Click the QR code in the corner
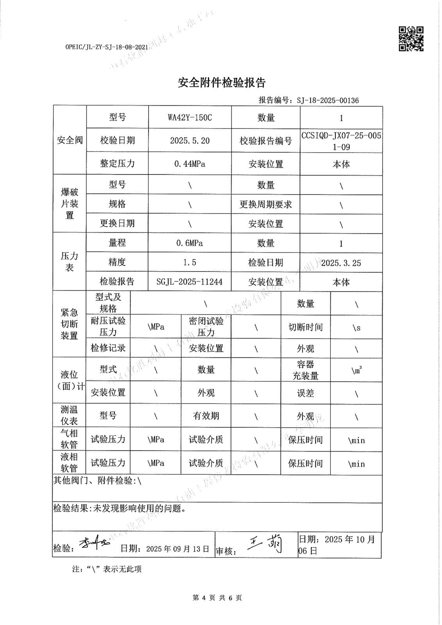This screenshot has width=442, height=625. point(411,39)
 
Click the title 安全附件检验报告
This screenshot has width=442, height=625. point(222,83)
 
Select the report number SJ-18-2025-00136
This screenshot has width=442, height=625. point(327,100)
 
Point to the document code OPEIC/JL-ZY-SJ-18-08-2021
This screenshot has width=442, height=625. point(107,47)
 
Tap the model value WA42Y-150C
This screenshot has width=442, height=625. point(190,118)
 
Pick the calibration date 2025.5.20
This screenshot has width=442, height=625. point(190,141)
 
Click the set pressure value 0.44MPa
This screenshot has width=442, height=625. point(190,164)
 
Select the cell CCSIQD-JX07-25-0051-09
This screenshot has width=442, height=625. point(341,141)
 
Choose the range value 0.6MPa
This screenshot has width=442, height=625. point(190,243)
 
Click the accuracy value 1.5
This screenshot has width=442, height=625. point(190,262)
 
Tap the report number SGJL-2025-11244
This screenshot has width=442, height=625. point(190,282)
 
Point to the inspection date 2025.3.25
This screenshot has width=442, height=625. point(341,263)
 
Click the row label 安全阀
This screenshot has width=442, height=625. point(70,140)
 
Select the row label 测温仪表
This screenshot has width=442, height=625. point(69,415)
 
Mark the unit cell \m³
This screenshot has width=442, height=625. point(356,370)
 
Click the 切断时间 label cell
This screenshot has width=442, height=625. point(305,327)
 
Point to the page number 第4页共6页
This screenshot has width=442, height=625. point(217,598)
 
